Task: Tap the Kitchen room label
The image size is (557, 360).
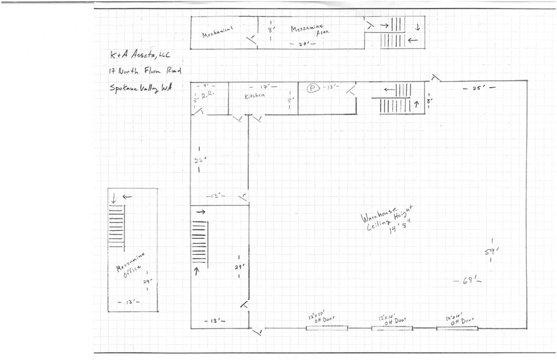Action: click(255, 96)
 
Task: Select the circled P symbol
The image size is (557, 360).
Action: click(312, 88)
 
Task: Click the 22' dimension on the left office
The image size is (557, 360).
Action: click(199, 160)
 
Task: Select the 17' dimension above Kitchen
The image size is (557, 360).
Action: click(264, 87)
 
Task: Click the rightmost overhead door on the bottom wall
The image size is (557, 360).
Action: click(457, 328)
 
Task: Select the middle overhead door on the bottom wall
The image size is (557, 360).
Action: click(392, 328)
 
